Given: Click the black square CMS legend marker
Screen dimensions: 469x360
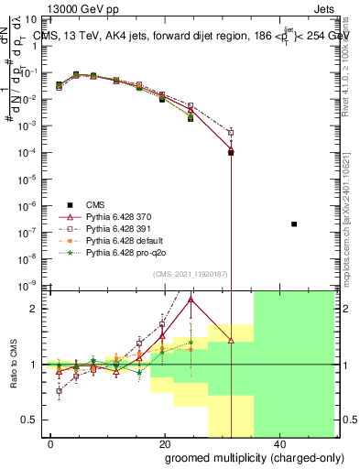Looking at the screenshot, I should (x=68, y=204).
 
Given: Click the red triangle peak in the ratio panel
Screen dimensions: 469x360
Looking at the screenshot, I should (x=191, y=299).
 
